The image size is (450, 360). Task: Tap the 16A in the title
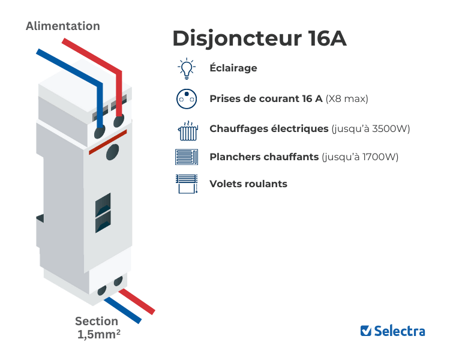(x=327, y=38)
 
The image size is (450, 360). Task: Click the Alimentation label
(x=63, y=26)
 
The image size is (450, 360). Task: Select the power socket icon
(x=187, y=99)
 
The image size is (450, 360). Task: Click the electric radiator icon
(x=187, y=130)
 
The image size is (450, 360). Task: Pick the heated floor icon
(x=187, y=157)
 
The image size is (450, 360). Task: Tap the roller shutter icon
(x=187, y=184)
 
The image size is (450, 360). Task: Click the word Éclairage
(x=233, y=68)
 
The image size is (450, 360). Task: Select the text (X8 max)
(x=347, y=98)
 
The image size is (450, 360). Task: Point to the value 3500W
(x=391, y=128)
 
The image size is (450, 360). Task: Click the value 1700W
(x=379, y=157)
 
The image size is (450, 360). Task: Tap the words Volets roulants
(x=248, y=184)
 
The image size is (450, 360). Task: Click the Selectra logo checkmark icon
(x=365, y=331)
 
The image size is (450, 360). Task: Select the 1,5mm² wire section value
(x=99, y=335)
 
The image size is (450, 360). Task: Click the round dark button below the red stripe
(x=112, y=153)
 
